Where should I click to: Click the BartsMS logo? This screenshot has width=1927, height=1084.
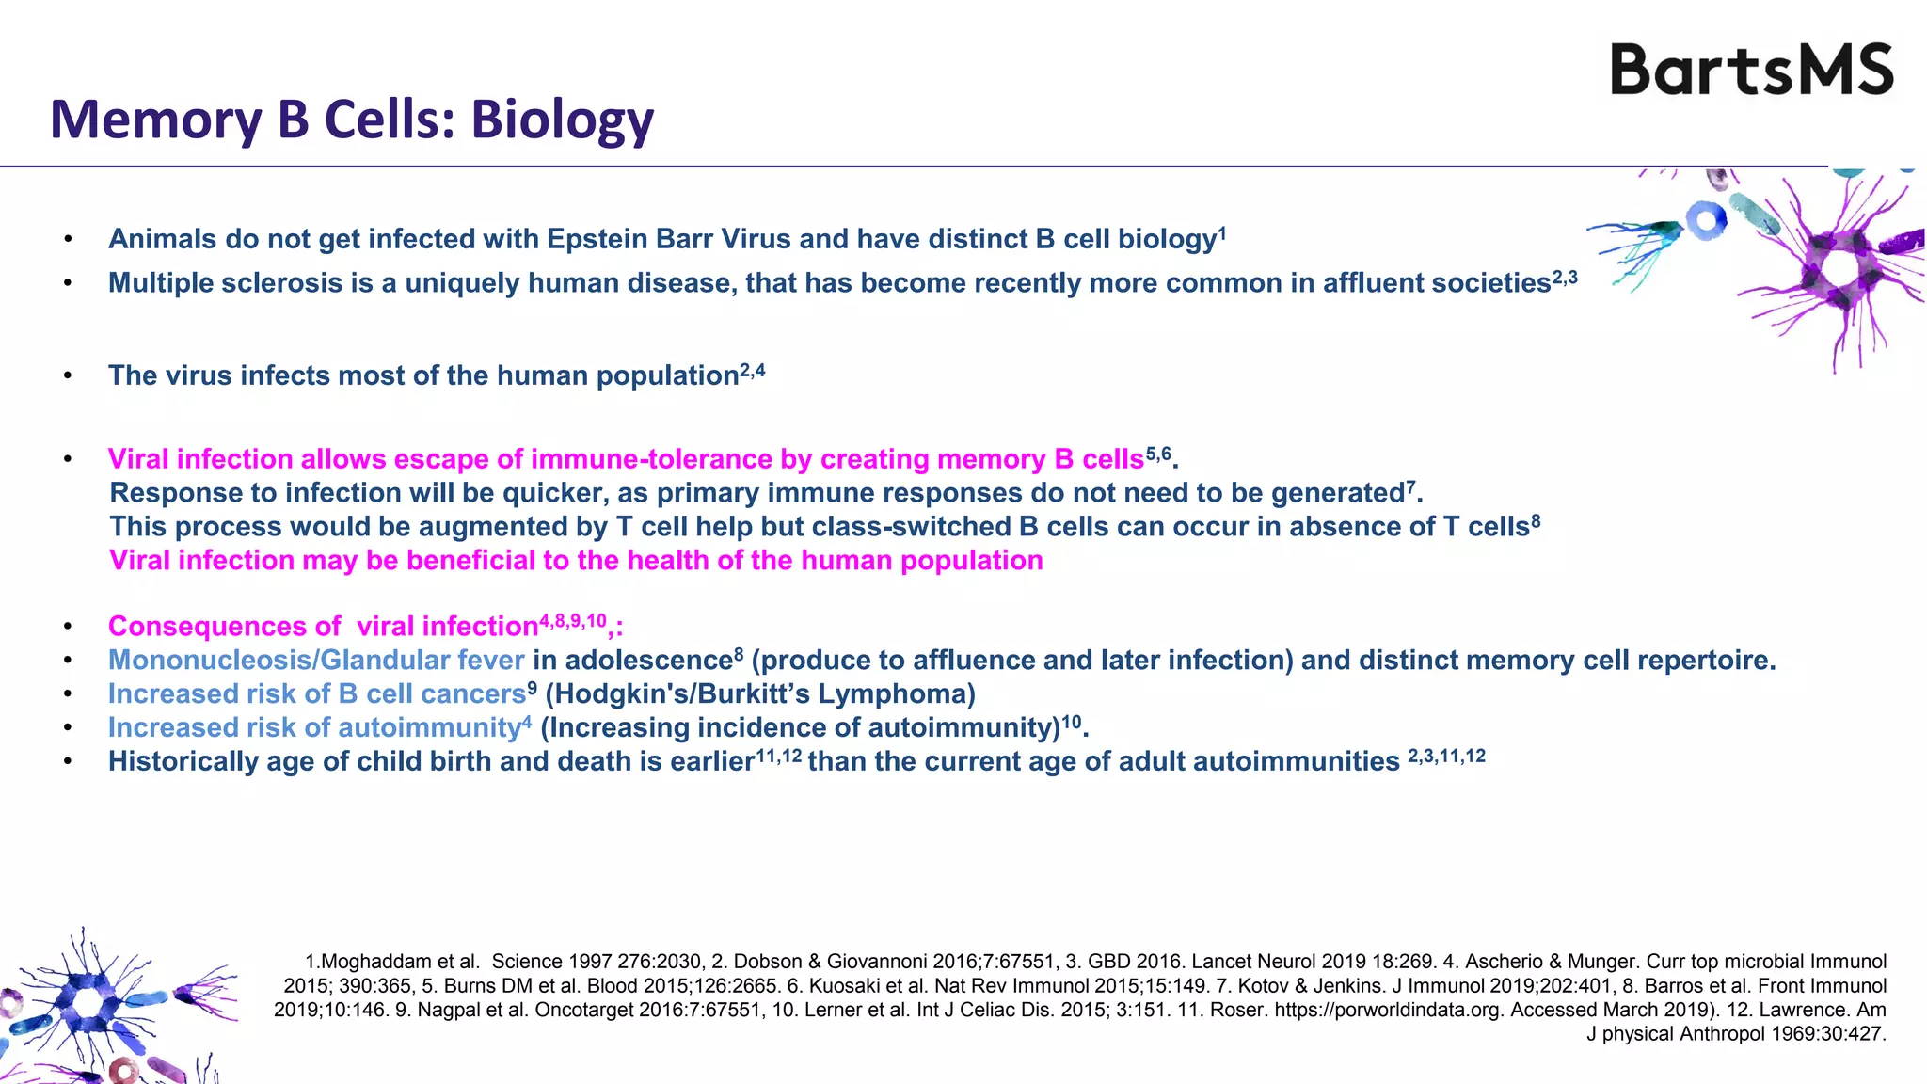coord(1751,70)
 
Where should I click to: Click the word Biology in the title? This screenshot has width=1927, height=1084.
coord(562,120)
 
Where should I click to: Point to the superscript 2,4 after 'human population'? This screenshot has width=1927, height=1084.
coord(753,371)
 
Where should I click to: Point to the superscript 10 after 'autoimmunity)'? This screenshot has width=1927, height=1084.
coord(1071,723)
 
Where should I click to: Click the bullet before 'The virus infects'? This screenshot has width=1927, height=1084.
coord(68,376)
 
